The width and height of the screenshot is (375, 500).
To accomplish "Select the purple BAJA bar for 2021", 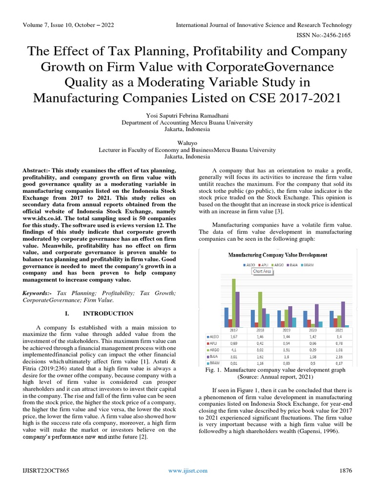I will (x=343, y=314).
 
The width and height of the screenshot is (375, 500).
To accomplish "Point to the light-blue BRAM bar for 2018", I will (x=267, y=320).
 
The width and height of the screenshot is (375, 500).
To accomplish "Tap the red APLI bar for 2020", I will (x=310, y=323).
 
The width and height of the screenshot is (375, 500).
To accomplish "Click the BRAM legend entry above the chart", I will (x=309, y=265).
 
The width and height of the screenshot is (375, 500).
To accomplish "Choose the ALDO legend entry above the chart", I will (x=250, y=265).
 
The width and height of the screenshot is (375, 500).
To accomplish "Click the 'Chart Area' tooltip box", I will (x=262, y=271).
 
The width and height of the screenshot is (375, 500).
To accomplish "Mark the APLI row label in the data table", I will (x=213, y=343).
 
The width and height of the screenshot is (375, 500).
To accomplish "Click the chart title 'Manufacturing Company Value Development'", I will (x=277, y=255).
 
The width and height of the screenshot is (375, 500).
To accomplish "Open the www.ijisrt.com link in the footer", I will (x=187, y=470).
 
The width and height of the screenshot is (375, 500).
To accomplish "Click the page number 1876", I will (x=345, y=470).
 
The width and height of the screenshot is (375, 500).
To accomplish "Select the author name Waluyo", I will (x=187, y=144).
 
